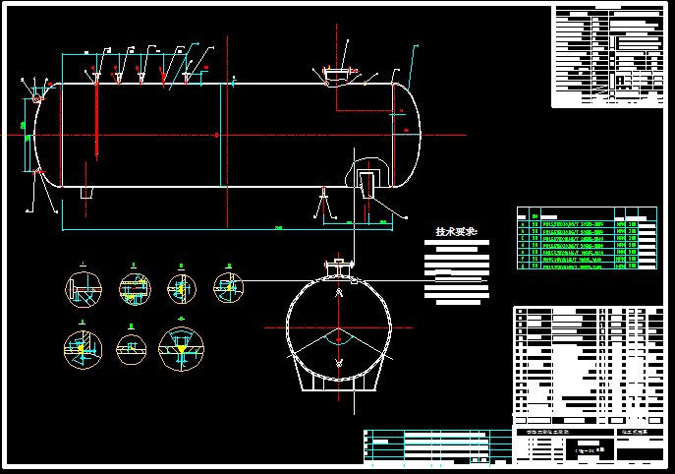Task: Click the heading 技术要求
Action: coord(456,232)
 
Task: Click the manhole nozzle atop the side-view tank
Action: coord(336,74)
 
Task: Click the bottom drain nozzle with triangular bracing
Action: coord(323,205)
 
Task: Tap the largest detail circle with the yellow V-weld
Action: coord(182,347)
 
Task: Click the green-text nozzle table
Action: coord(585,237)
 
